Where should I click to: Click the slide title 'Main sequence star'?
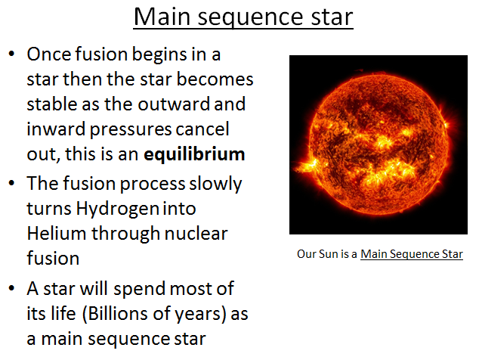(243, 17)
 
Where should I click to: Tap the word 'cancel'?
(202, 129)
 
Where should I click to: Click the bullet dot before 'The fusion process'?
(11, 184)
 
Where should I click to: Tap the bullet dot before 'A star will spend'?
(11, 288)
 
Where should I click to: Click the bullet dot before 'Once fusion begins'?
(11, 55)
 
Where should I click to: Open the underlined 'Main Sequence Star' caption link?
(411, 254)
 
